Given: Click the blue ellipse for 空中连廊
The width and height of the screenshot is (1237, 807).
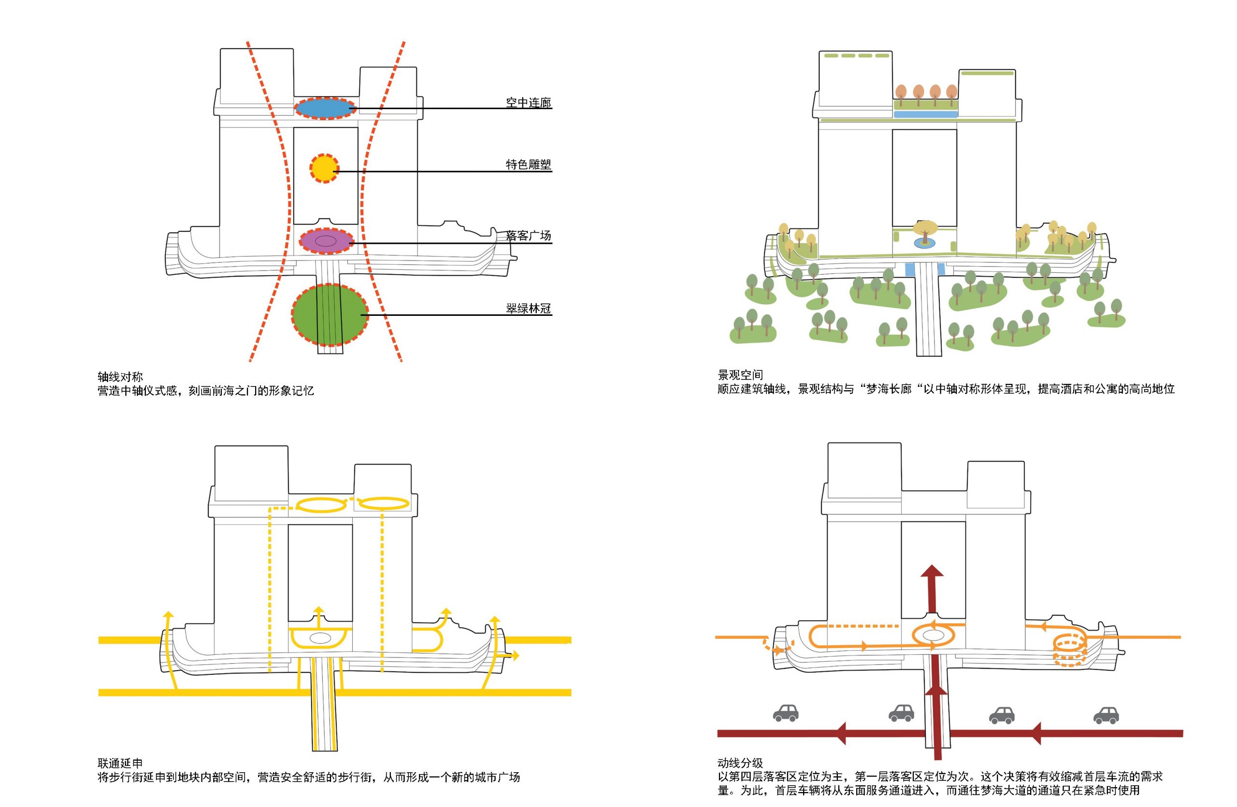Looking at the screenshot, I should point(325,108).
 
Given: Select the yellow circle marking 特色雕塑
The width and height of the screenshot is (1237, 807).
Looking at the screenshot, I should point(324,168).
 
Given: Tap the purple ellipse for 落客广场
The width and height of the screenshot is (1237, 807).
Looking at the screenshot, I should point(326,241).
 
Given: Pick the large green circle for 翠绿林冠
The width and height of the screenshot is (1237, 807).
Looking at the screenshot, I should point(329,315).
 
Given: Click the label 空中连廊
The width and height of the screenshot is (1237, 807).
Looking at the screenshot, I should point(528,103).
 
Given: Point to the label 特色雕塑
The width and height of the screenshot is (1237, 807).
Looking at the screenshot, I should point(528,165).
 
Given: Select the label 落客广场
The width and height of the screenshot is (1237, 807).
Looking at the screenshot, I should point(528,236).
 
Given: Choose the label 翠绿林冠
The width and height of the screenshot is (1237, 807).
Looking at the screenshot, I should point(528,309).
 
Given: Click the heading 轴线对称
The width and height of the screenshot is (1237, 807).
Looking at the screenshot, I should point(120,377).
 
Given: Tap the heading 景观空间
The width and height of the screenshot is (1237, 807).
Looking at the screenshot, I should point(740,374).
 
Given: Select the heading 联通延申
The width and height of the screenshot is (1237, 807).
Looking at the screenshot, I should point(120,763).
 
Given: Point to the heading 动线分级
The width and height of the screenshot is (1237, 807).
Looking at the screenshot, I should point(740,763).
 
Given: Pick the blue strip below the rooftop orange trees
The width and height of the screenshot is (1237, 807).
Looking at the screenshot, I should point(925,114).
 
